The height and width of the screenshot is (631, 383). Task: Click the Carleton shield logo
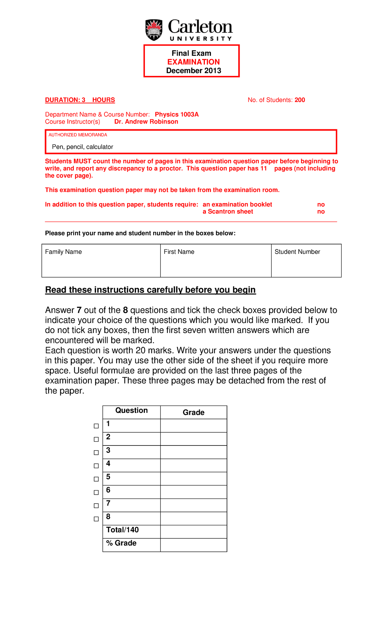pos(154,30)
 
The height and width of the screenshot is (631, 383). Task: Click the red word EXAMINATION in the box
pos(193,62)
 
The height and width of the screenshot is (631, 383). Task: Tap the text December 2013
pos(193,71)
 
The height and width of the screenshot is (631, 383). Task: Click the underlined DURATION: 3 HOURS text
pos(80,100)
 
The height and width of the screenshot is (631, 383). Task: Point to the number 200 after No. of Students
pos(300,100)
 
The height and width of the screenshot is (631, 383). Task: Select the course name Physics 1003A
pos(177,114)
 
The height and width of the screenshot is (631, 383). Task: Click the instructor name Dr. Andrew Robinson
pos(146,122)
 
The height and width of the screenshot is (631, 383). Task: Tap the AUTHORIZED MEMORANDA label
pos(78,135)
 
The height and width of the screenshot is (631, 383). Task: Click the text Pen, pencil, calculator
pos(82,147)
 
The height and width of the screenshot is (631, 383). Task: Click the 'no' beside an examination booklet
pos(321,204)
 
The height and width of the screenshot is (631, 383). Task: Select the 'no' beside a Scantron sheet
pos(321,212)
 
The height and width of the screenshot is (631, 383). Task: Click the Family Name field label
pos(63,252)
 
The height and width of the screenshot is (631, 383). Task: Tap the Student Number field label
pos(297,252)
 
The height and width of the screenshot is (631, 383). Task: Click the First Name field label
pos(179,252)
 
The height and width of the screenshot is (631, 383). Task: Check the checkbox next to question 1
pos(96,426)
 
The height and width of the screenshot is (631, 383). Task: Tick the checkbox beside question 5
pos(96,479)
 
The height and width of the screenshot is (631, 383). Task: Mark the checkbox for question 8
pos(96,519)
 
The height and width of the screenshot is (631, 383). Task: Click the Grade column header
pos(193,412)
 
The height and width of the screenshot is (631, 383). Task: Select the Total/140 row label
pos(122,530)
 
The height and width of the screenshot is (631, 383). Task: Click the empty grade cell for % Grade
pos(193,545)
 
